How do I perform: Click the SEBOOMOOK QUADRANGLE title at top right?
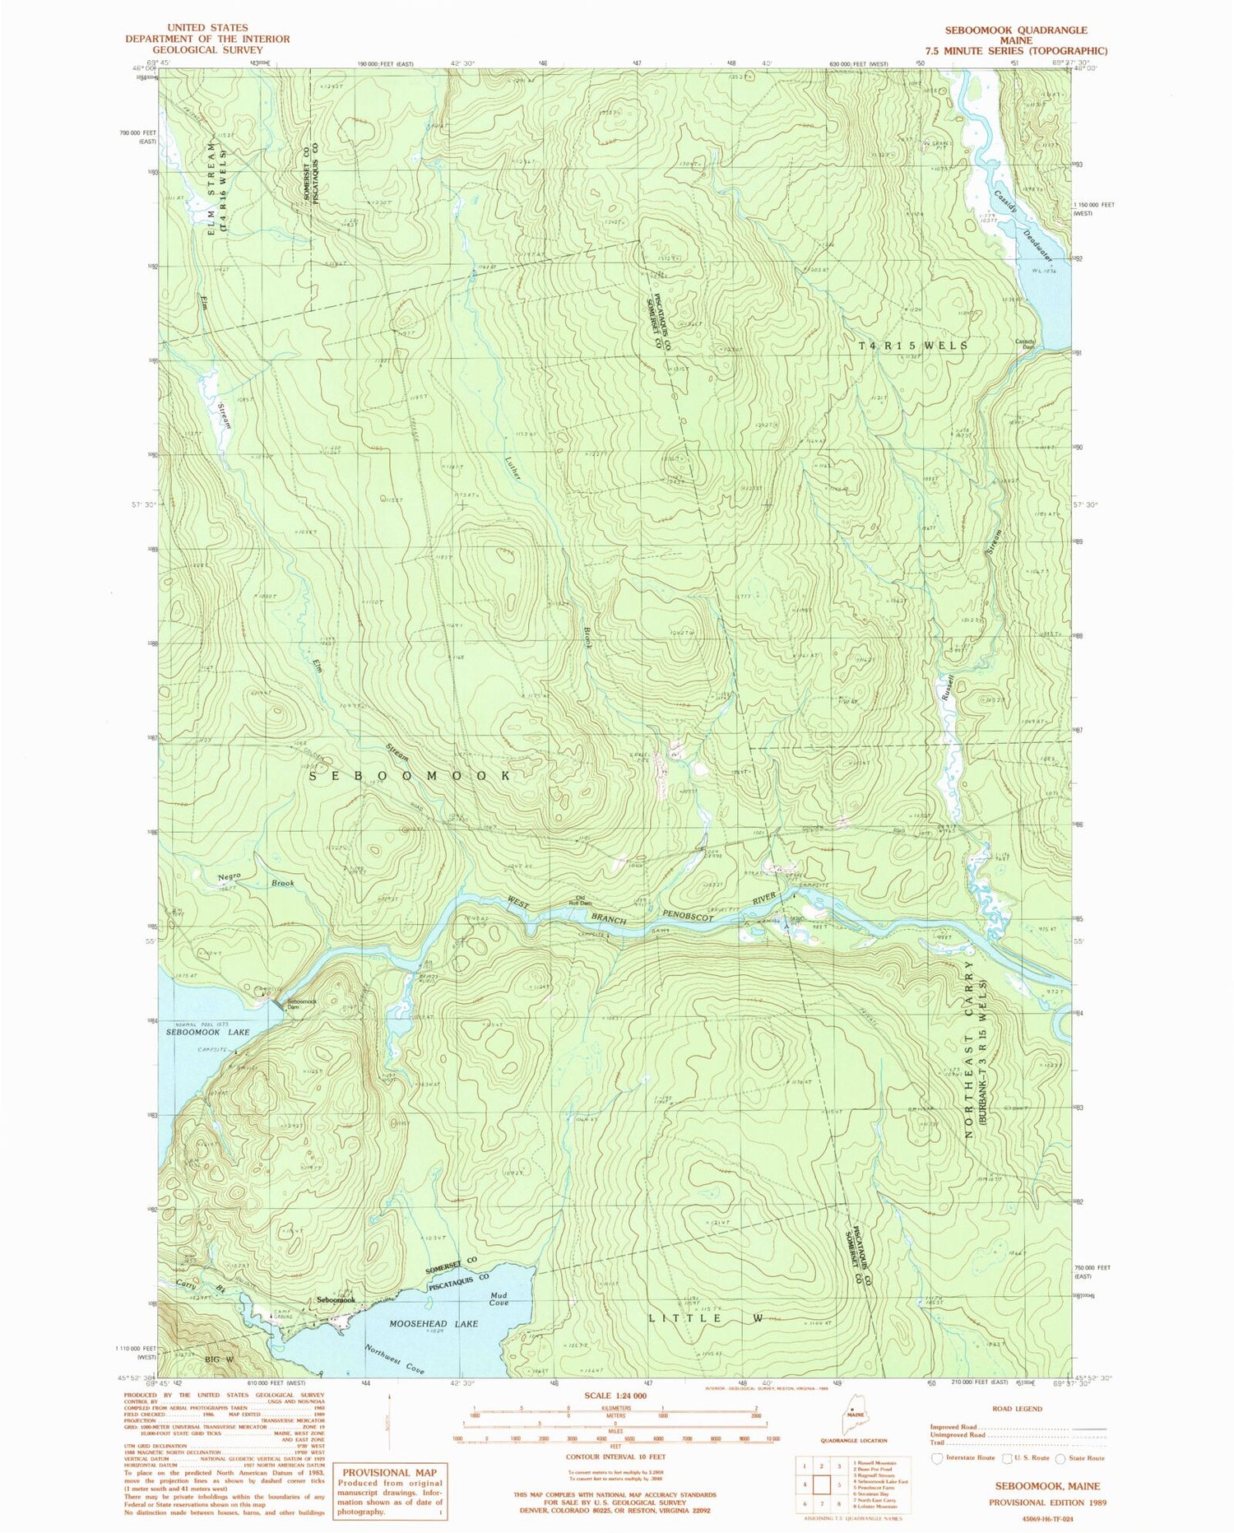[1015, 30]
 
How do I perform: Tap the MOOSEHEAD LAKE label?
[422, 1324]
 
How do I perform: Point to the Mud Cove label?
[499, 1298]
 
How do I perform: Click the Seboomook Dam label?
[301, 1005]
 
